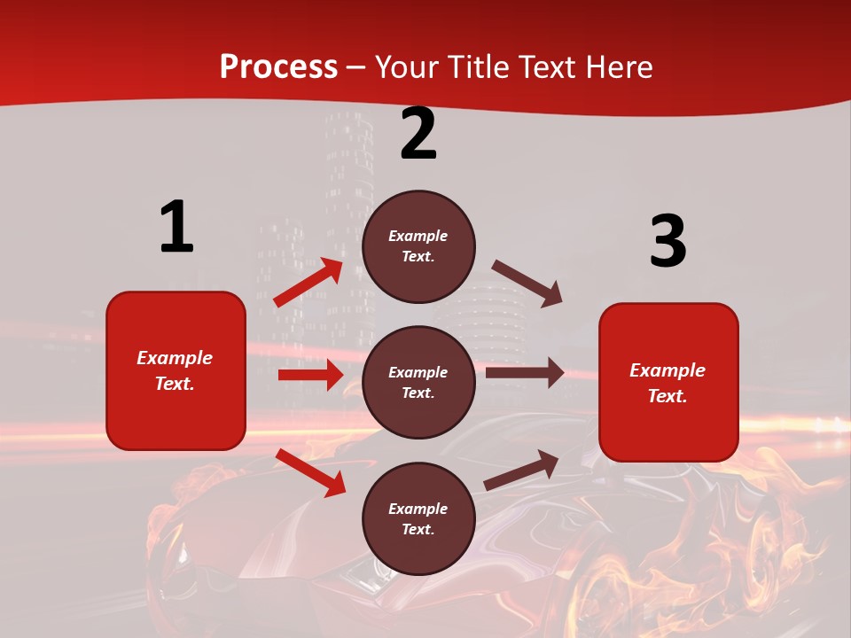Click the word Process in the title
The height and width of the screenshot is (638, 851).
[278, 67]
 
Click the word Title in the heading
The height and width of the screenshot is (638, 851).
[479, 67]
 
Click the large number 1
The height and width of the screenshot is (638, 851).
[176, 228]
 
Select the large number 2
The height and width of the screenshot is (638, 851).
[418, 134]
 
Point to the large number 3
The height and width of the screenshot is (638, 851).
[668, 242]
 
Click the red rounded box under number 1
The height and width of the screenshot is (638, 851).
[176, 370]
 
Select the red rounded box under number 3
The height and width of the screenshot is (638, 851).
[668, 383]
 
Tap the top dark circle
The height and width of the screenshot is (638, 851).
[418, 246]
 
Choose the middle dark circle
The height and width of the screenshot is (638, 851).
[418, 383]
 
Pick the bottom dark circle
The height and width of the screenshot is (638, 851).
[418, 519]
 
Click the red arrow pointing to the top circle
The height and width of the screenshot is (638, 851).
[309, 283]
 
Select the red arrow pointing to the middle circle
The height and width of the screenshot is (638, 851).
[310, 375]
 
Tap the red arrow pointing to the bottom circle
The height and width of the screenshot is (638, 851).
[311, 472]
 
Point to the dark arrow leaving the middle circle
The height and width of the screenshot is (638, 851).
[525, 373]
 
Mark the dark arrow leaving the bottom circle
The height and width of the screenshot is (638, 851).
[521, 470]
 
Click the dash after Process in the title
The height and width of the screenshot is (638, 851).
[356, 68]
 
